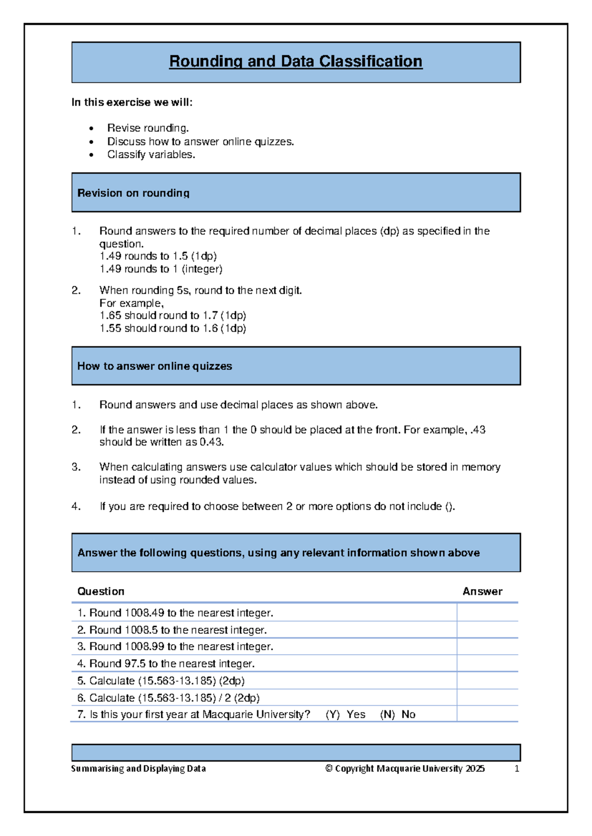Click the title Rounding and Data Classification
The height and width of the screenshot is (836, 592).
pos(296,61)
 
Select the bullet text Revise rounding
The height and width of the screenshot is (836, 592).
pos(148,128)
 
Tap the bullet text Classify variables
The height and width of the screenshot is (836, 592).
pos(151,155)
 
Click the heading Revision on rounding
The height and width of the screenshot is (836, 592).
pos(133,193)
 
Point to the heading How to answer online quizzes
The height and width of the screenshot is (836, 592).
pos(154,366)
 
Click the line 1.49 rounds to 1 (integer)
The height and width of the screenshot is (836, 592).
pos(161,269)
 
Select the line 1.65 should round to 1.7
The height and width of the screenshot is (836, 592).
pos(172,315)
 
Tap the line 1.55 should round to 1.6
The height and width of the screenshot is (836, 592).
pos(172,328)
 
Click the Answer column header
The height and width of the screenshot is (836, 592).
pos(482,592)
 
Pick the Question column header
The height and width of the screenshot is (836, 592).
pos(101,592)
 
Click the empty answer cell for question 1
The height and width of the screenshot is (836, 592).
pos(487,613)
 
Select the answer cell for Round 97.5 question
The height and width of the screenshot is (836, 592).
pos(487,663)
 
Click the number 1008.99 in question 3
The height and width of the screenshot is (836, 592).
pos(144,647)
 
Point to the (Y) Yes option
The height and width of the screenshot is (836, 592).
pos(345,715)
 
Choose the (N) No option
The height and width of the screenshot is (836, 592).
pos(398,715)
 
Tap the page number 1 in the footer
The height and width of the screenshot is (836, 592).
pos(517,769)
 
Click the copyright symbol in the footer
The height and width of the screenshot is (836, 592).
pos(329,769)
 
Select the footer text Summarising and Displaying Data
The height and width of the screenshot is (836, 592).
pos(138,769)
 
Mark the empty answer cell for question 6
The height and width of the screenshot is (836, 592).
pos(487,698)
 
